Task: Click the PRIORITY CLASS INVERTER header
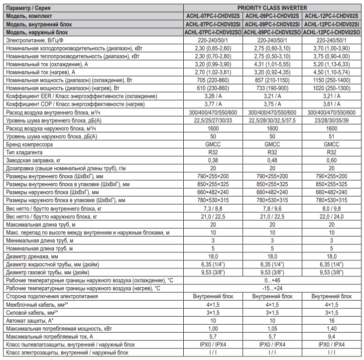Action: tap(272, 8)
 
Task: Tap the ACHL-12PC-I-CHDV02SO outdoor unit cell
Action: tap(332, 32)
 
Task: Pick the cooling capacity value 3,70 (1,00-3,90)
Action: tap(332, 48)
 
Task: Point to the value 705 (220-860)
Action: tap(213, 80)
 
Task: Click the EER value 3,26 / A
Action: tap(213, 96)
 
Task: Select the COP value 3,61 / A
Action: tap(332, 104)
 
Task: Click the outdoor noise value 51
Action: tap(332, 136)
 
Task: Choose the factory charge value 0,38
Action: tap(213, 160)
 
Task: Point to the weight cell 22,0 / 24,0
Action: tap(332, 216)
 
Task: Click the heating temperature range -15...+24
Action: tap(272, 288)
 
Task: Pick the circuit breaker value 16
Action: tap(332, 320)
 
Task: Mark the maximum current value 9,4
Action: tap(332, 336)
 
